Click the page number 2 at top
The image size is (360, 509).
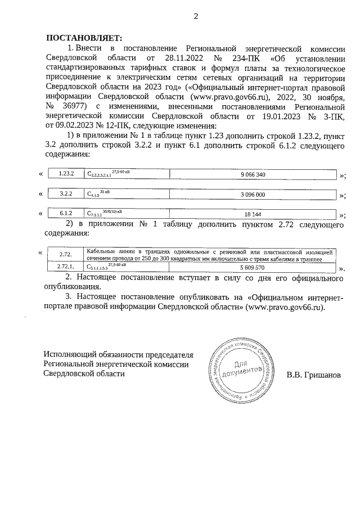196,16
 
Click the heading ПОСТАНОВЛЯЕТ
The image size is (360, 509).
83,38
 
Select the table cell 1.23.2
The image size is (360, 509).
67,174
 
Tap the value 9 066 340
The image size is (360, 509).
253,174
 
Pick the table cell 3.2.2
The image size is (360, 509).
67,194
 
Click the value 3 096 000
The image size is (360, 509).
253,194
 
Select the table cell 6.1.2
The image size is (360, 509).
67,214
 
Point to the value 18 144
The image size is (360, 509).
253,214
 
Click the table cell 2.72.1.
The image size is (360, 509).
66,268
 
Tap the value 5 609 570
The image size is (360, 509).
252,268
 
